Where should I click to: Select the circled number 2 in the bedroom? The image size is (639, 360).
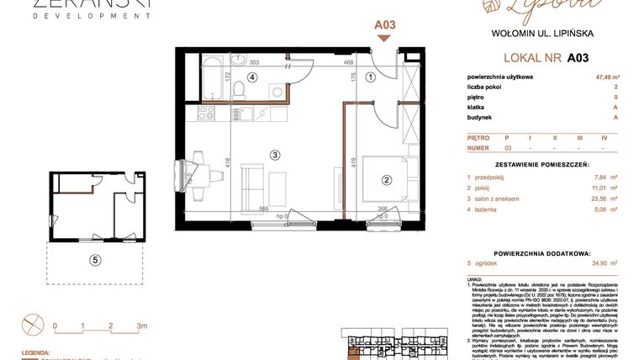click(x=388, y=178)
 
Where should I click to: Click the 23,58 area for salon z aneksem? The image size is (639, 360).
click(x=597, y=199)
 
